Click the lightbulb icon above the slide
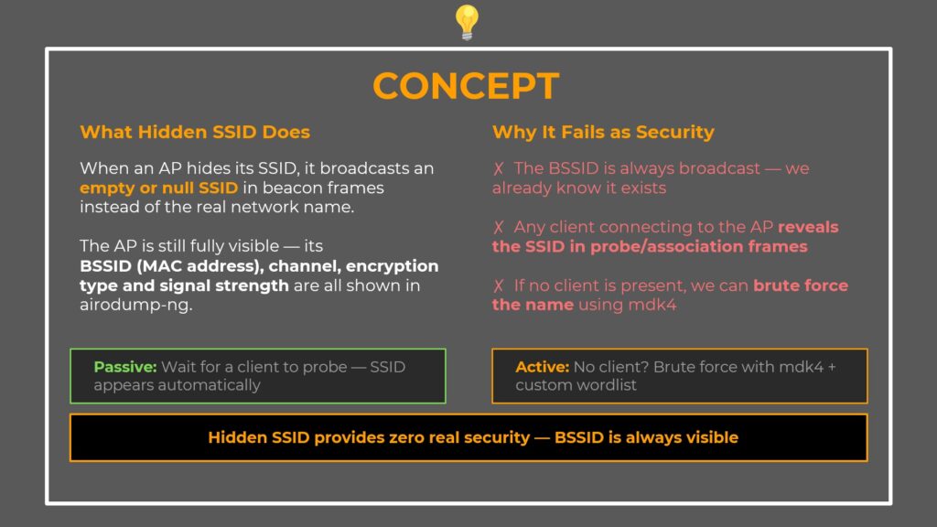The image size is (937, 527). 467,22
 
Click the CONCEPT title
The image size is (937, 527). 466,86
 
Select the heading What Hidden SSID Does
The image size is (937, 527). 195,132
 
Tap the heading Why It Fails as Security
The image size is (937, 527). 603,132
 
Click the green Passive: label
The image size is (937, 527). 125,367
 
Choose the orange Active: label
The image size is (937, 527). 542,367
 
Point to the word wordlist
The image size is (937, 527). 606,385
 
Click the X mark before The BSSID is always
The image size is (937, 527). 499,168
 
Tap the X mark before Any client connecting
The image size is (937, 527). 499,227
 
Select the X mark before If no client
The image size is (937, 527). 499,285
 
